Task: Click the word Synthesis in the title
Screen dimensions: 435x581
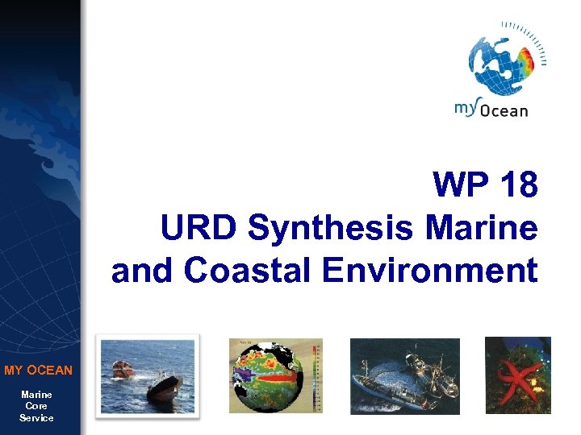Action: click(333, 228)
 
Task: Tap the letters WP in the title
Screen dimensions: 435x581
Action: click(462, 186)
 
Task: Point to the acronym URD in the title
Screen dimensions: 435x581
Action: click(200, 228)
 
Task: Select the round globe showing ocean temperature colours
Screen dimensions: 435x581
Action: click(266, 376)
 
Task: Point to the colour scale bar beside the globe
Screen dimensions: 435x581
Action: click(316, 376)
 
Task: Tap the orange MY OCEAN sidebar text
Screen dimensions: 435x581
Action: click(38, 371)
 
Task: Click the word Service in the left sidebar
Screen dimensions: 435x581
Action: click(37, 418)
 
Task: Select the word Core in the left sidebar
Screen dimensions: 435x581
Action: click(37, 406)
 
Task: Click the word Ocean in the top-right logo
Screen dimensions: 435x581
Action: click(504, 111)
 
